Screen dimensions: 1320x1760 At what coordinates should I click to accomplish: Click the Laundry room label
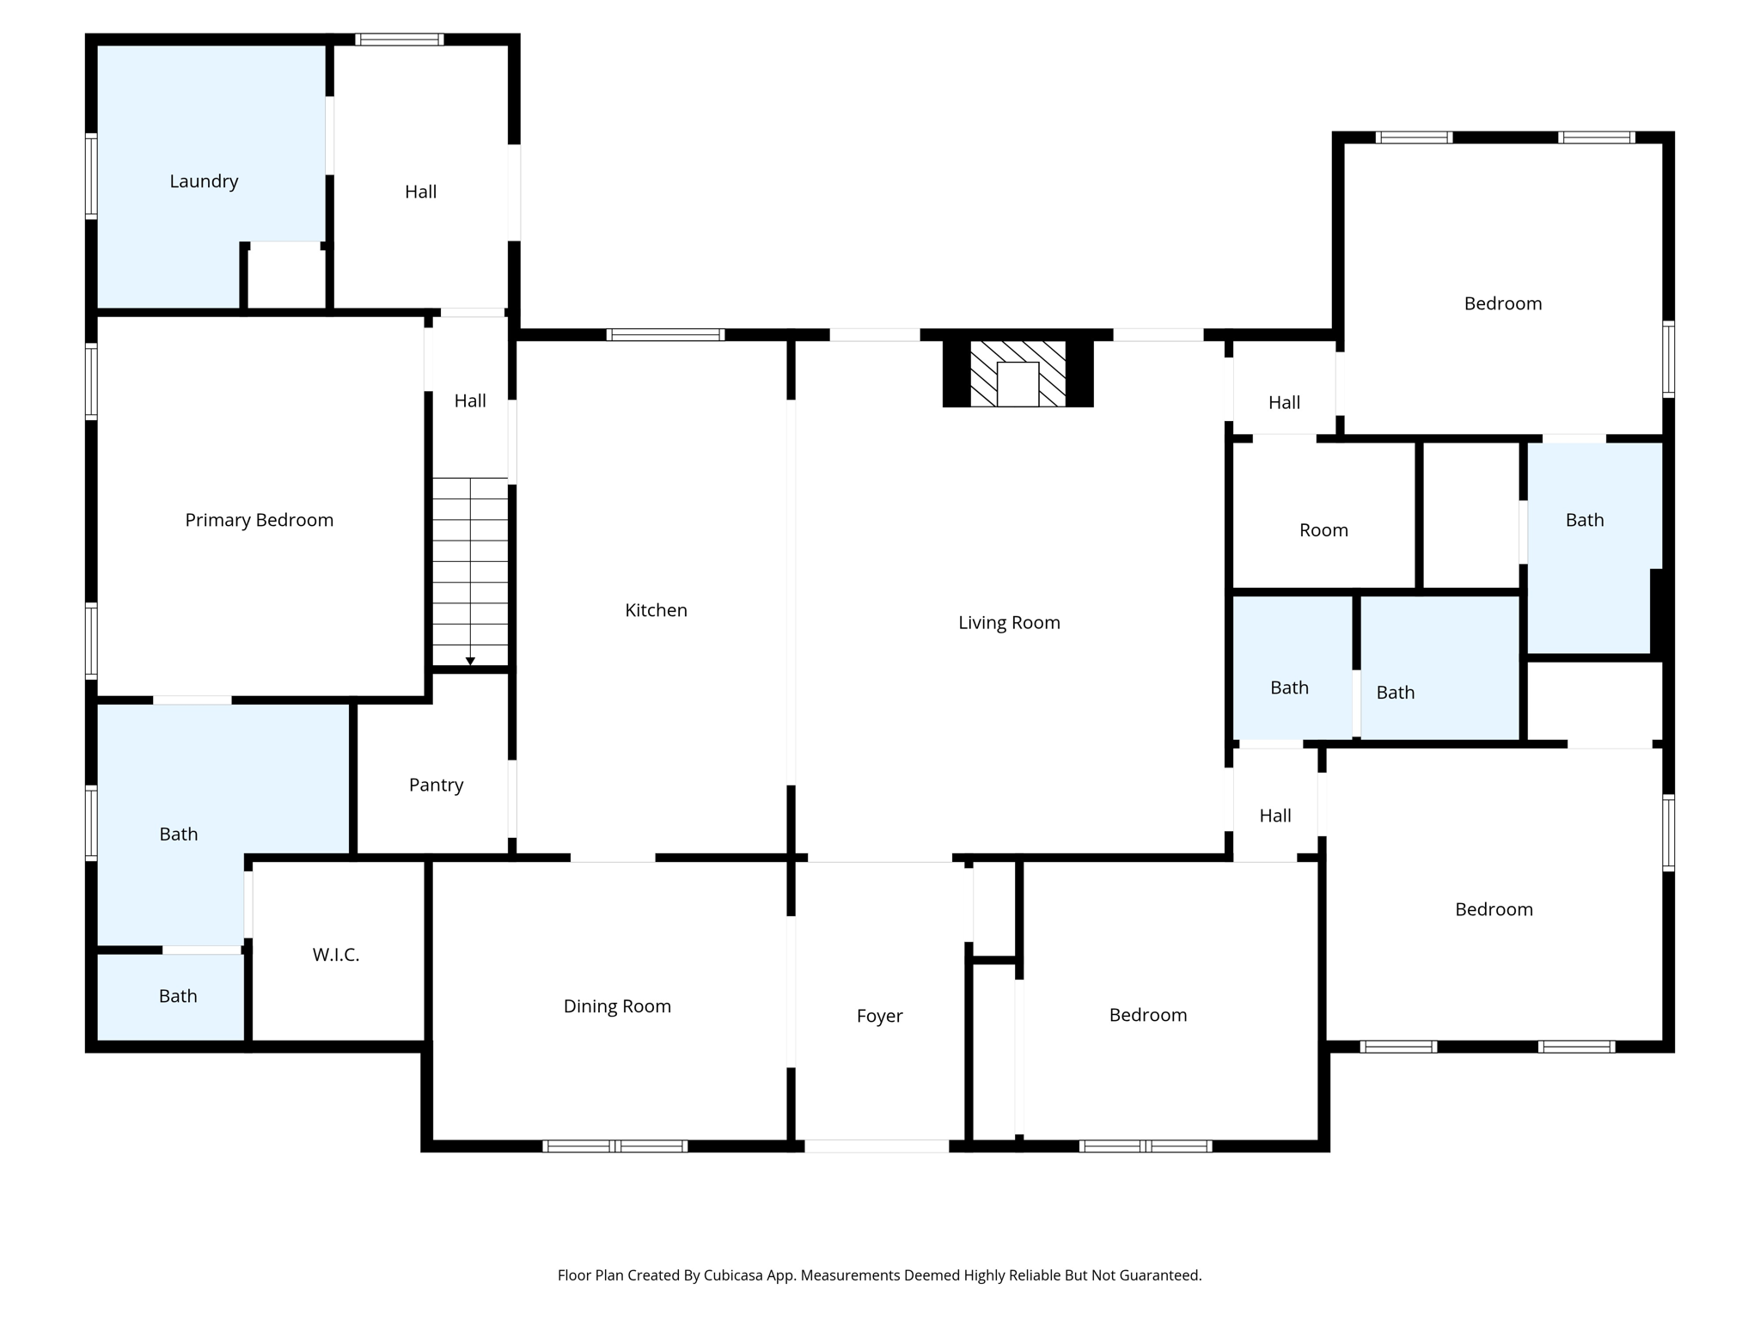tap(204, 181)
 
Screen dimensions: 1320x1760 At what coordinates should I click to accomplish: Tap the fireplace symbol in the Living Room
tap(1017, 374)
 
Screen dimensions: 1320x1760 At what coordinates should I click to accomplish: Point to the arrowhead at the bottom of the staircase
tap(470, 661)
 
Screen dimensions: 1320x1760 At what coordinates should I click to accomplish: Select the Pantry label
tap(436, 785)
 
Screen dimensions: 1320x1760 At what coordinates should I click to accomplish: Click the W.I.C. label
tap(336, 955)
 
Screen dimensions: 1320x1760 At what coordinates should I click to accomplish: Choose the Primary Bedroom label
tap(259, 520)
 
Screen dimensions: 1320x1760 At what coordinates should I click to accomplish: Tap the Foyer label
tap(879, 1016)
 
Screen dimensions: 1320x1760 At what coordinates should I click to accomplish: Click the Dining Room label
tap(617, 1006)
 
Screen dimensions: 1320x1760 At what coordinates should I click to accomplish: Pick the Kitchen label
tap(656, 610)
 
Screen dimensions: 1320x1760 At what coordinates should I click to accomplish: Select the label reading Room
tap(1323, 530)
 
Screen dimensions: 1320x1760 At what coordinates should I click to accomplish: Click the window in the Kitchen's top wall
tap(665, 335)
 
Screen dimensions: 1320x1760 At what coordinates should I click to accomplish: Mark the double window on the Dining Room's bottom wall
tap(615, 1146)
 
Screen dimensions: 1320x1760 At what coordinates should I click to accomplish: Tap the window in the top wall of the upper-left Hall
tap(400, 40)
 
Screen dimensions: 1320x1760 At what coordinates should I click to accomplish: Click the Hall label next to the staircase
tap(470, 400)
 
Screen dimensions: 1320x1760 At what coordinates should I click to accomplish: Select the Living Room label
tap(1009, 622)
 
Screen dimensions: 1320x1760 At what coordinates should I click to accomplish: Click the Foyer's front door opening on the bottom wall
tap(877, 1146)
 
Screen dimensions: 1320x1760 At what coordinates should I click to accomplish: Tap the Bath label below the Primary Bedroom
tap(179, 834)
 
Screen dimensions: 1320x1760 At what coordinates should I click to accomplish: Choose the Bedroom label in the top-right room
tap(1502, 303)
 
